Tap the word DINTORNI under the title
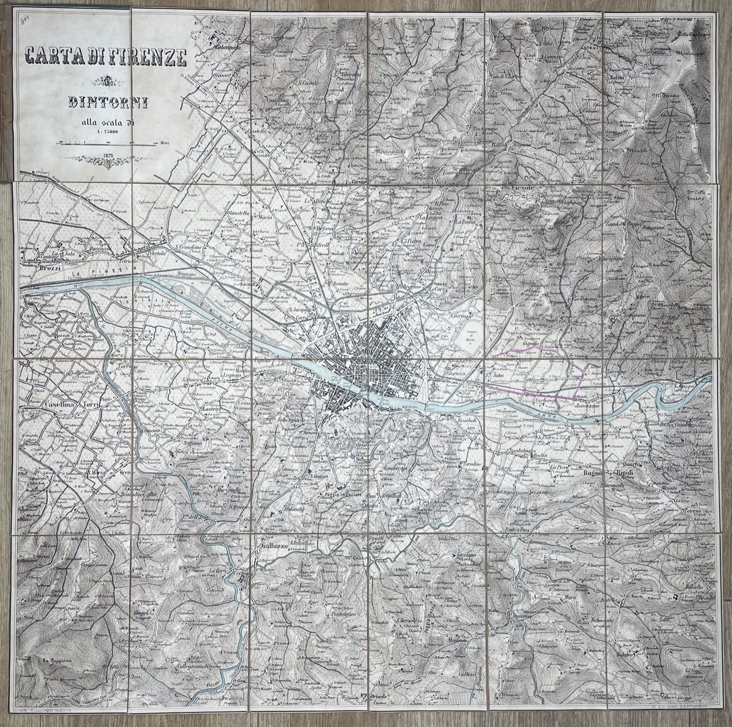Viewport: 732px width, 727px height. [x=107, y=102]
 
